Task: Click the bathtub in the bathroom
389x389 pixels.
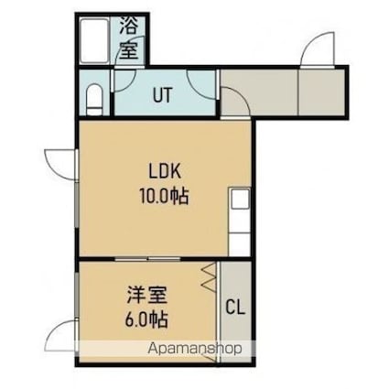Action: (94, 41)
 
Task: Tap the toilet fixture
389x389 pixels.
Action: (94, 100)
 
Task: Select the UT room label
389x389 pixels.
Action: (163, 95)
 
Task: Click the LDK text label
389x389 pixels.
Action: (165, 171)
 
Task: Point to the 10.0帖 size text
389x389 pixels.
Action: (164, 196)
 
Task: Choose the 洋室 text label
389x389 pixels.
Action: (147, 296)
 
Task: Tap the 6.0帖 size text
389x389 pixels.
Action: (146, 319)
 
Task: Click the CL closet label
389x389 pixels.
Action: (235, 308)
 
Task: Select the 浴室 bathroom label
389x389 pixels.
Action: (128, 38)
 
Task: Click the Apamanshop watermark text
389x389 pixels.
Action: (195, 349)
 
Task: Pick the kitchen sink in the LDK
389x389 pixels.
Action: (240, 199)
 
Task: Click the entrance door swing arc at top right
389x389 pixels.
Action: (318, 49)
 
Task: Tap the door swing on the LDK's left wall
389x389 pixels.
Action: (61, 164)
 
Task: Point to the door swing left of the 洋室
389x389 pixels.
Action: (61, 335)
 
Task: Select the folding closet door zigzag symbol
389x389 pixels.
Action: (209, 277)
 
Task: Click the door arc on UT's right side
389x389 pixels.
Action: (202, 84)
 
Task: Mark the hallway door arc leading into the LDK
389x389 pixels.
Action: (235, 102)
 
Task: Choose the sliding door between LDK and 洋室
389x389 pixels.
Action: (148, 259)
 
